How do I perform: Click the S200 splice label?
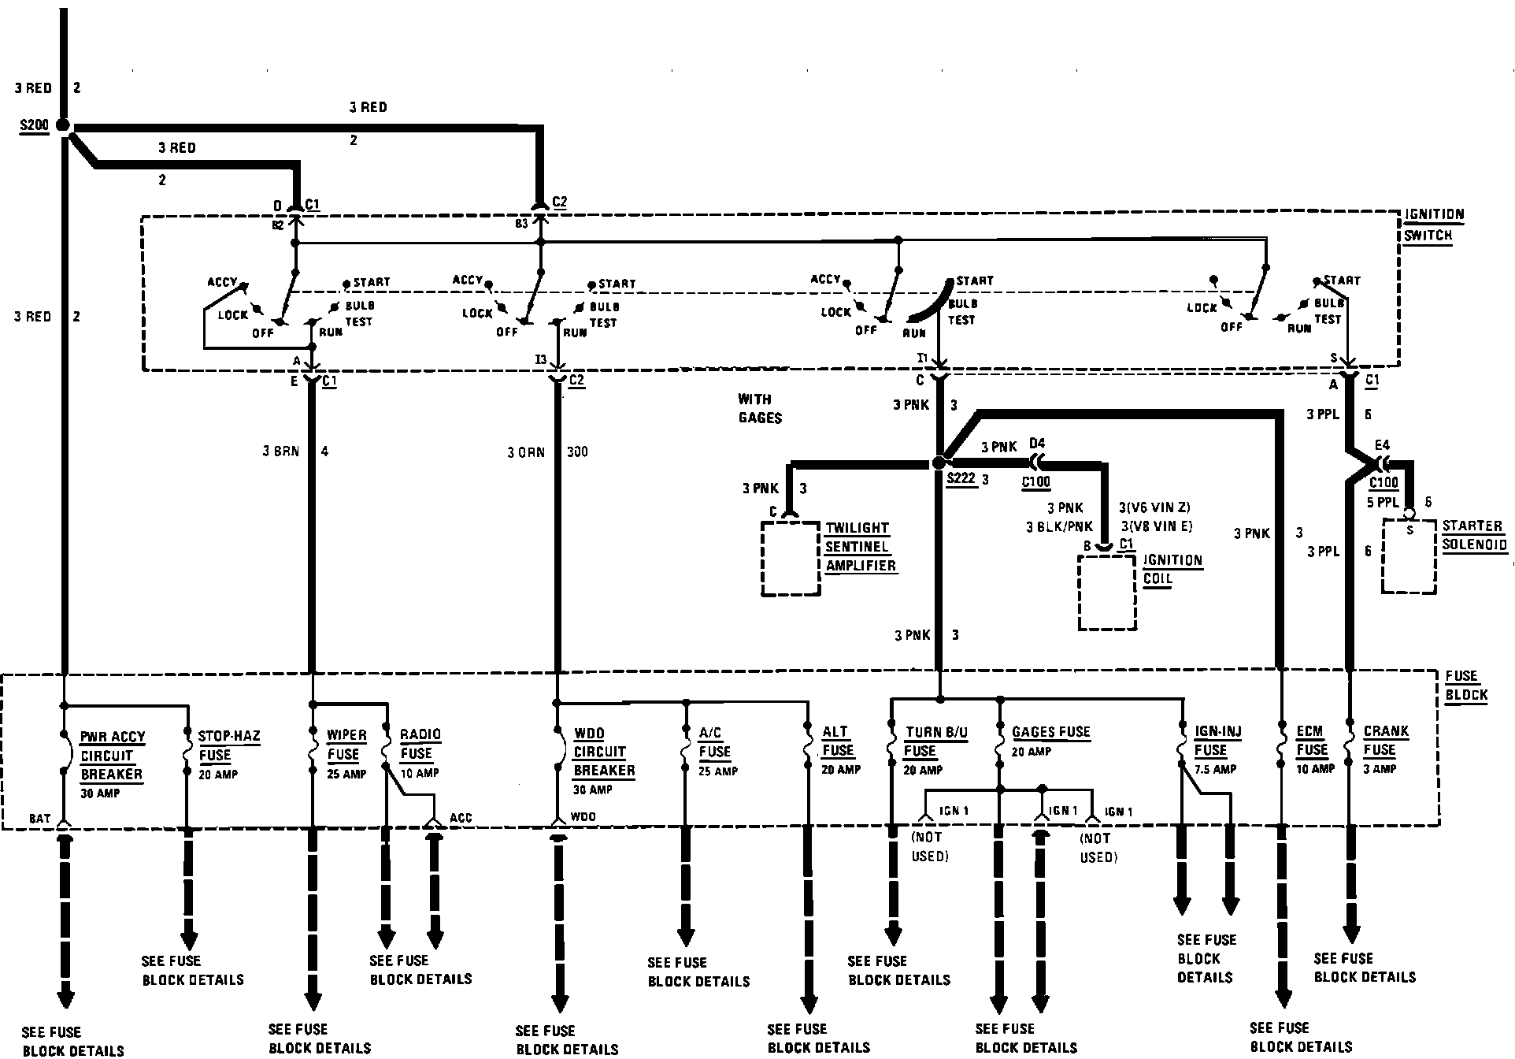point(35,126)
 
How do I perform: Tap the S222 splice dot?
point(938,463)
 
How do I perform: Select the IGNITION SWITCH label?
point(1434,225)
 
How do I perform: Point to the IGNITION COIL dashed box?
point(1107,593)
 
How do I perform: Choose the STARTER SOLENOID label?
point(1474,535)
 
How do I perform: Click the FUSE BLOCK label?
point(1466,686)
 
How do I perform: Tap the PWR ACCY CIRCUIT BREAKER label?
point(112,756)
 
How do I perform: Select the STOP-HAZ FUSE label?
point(228,745)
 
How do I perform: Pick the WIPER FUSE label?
point(346,745)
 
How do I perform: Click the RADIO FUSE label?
point(420,744)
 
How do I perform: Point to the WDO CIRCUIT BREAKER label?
point(603,752)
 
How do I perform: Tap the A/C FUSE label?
point(715,742)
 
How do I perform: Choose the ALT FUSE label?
point(838,741)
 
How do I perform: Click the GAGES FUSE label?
point(1050,732)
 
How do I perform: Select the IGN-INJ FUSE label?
point(1217,741)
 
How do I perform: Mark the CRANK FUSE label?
point(1385,741)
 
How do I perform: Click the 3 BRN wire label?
point(281,451)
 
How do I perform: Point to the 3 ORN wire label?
point(526,452)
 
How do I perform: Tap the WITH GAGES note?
point(759,408)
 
